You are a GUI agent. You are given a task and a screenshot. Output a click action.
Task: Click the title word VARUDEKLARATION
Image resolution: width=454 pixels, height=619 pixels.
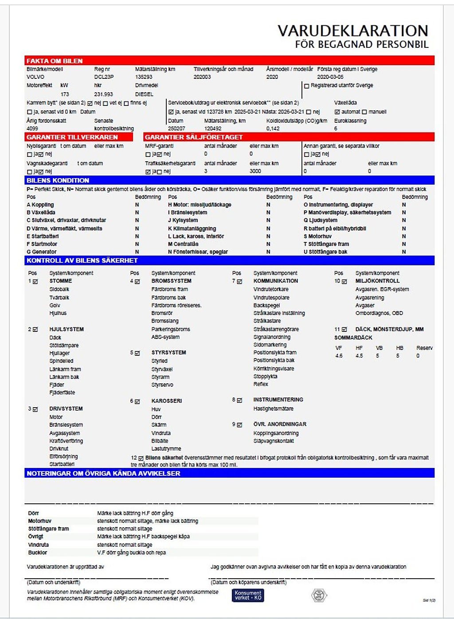click(353, 31)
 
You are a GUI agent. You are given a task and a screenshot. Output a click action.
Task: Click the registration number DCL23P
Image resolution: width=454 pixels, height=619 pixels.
click(104, 77)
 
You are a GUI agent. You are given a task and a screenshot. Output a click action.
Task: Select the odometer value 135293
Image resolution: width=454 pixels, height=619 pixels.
click(144, 77)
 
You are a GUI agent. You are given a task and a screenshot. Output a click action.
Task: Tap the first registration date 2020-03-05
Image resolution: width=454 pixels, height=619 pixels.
click(330, 77)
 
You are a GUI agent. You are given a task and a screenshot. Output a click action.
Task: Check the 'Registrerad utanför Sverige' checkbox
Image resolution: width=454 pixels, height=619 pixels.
click(306, 86)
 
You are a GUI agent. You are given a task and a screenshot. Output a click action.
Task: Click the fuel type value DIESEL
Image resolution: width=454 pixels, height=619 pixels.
click(144, 94)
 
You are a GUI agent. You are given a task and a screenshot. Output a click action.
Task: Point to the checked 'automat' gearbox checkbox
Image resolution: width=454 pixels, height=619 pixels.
click(337, 112)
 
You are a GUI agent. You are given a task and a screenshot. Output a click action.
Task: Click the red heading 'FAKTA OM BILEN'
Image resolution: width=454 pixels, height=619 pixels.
click(55, 61)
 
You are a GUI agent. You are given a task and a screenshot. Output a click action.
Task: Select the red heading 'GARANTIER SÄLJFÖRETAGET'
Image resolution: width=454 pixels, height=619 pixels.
click(194, 137)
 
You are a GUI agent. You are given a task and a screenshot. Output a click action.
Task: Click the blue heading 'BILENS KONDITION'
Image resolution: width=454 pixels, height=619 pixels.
click(58, 180)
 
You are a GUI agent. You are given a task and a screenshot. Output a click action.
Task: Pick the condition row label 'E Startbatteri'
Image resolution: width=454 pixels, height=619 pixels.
click(43, 236)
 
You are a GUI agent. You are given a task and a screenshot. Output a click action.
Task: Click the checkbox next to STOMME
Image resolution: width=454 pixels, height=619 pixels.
click(35, 281)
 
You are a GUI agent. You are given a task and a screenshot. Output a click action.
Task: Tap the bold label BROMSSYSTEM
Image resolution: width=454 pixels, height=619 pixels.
click(171, 281)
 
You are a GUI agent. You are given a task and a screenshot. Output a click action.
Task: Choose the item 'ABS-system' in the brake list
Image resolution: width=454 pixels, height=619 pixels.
click(165, 337)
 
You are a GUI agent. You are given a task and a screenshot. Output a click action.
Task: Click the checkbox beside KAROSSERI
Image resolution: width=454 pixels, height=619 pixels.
click(137, 401)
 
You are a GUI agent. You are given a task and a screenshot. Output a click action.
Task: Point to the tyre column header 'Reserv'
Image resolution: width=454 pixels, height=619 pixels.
click(424, 348)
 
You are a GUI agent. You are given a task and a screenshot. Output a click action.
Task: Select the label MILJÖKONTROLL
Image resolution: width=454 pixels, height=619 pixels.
click(377, 281)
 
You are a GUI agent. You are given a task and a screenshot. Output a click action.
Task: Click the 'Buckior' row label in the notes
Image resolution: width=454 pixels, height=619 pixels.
click(38, 553)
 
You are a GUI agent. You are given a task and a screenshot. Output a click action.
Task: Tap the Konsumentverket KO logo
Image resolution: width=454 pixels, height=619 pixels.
click(248, 595)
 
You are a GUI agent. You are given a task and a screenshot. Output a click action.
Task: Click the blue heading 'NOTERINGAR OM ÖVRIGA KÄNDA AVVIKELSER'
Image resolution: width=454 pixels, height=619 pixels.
click(103, 473)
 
